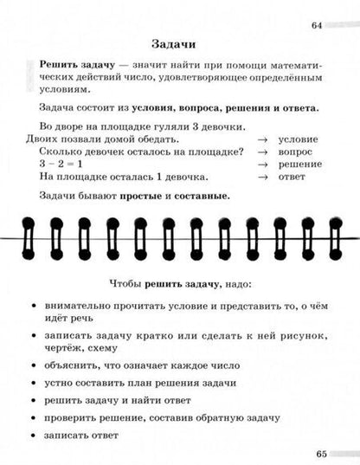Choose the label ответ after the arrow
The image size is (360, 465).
point(292,177)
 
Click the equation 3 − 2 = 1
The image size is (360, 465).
point(59,164)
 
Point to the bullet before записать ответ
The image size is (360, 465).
point(33,436)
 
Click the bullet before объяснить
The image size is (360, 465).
point(33,365)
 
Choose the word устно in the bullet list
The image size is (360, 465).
point(61,383)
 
